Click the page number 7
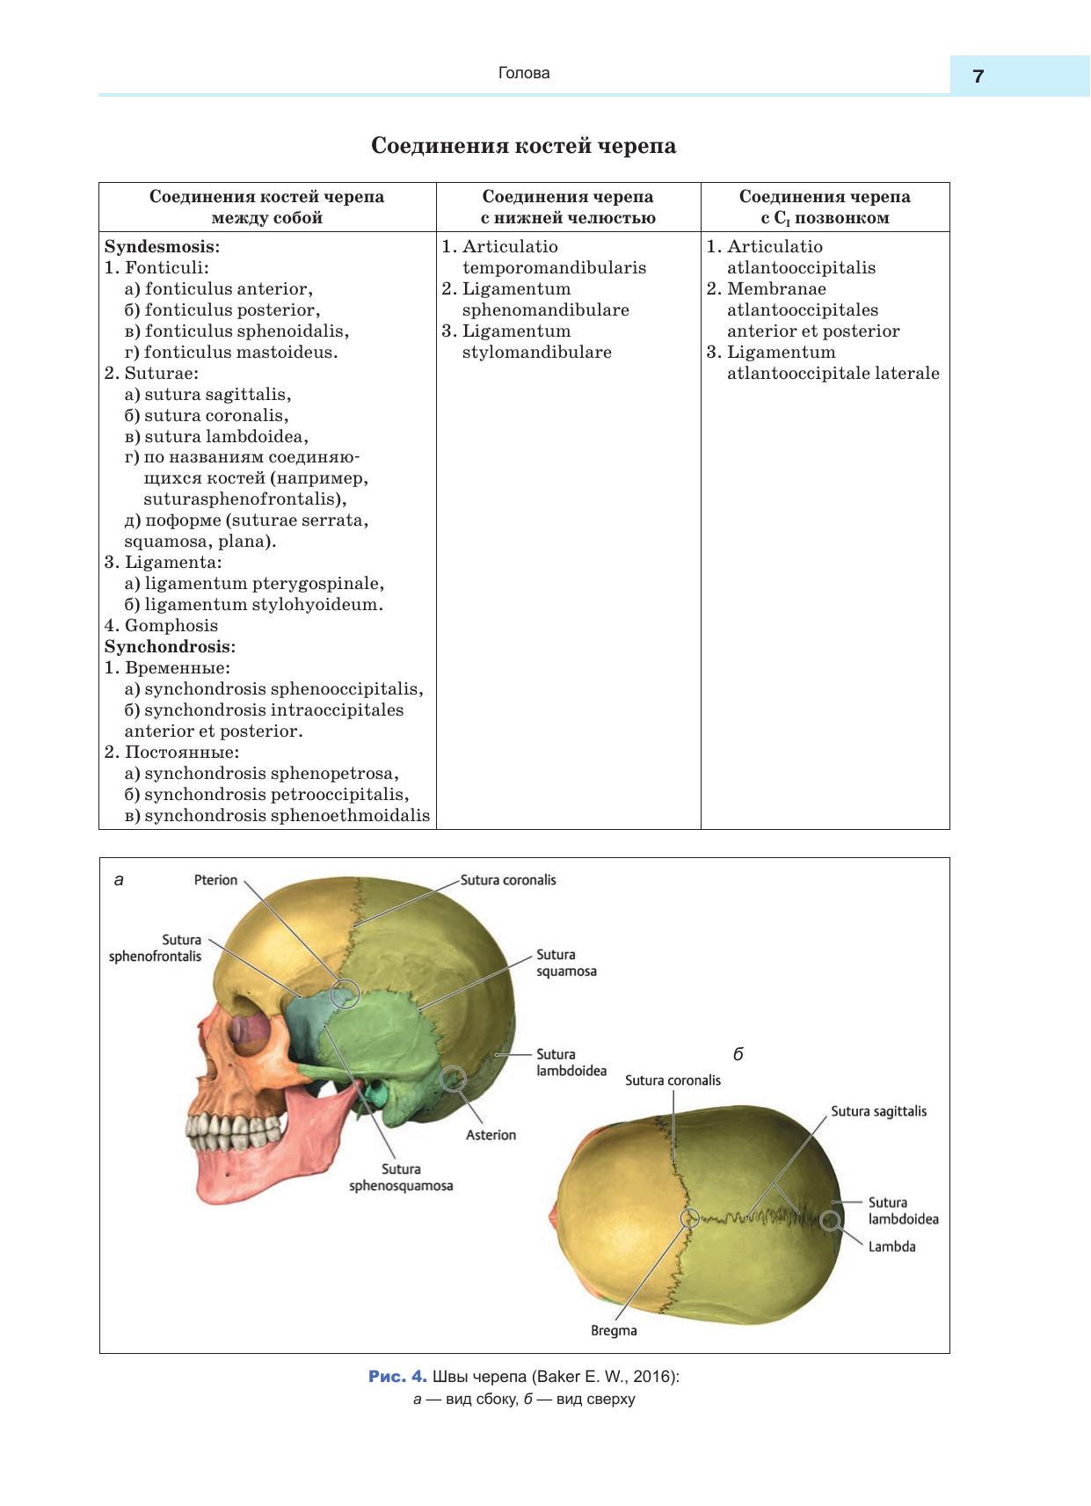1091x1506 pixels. point(978,76)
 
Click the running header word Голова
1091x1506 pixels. point(524,73)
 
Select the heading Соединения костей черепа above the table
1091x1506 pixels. point(524,146)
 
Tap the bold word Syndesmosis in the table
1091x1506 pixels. point(161,247)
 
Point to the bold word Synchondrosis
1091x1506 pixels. point(169,647)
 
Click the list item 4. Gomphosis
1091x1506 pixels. point(161,626)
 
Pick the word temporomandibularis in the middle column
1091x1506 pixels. point(554,268)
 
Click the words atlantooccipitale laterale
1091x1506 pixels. point(833,374)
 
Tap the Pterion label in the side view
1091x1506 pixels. point(215,880)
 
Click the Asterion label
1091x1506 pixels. point(491,1135)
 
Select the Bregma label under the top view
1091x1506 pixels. point(614,1330)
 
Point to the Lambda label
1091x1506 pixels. point(891,1247)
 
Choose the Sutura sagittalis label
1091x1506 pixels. point(878,1111)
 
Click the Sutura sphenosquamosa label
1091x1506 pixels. point(401,1177)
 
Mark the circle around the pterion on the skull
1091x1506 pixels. point(345,993)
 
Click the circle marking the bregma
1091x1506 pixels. point(689,1218)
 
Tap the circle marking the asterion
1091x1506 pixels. point(454,1078)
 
